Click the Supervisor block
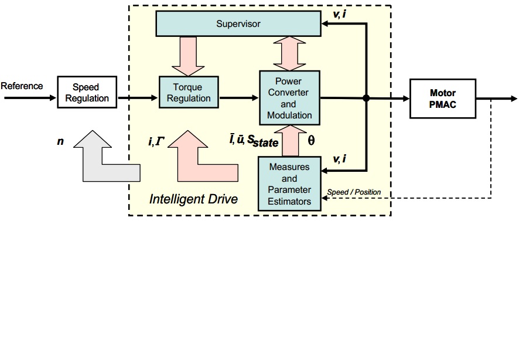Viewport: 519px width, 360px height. pos(238,24)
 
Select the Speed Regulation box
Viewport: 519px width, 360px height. pos(87,93)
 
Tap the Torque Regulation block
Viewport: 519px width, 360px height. pos(188,93)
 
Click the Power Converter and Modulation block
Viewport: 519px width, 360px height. pos(289,98)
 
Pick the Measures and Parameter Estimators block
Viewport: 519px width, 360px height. pos(289,184)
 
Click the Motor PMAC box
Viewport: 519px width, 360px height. pos(442,99)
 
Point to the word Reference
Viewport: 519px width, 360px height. pos(22,86)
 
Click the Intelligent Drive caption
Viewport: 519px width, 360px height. pos(193,199)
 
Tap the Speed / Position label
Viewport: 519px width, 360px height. pos(354,192)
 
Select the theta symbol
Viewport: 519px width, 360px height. pos(311,141)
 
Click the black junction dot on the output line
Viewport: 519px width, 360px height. pos(366,99)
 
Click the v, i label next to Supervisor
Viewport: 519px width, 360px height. pos(339,12)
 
